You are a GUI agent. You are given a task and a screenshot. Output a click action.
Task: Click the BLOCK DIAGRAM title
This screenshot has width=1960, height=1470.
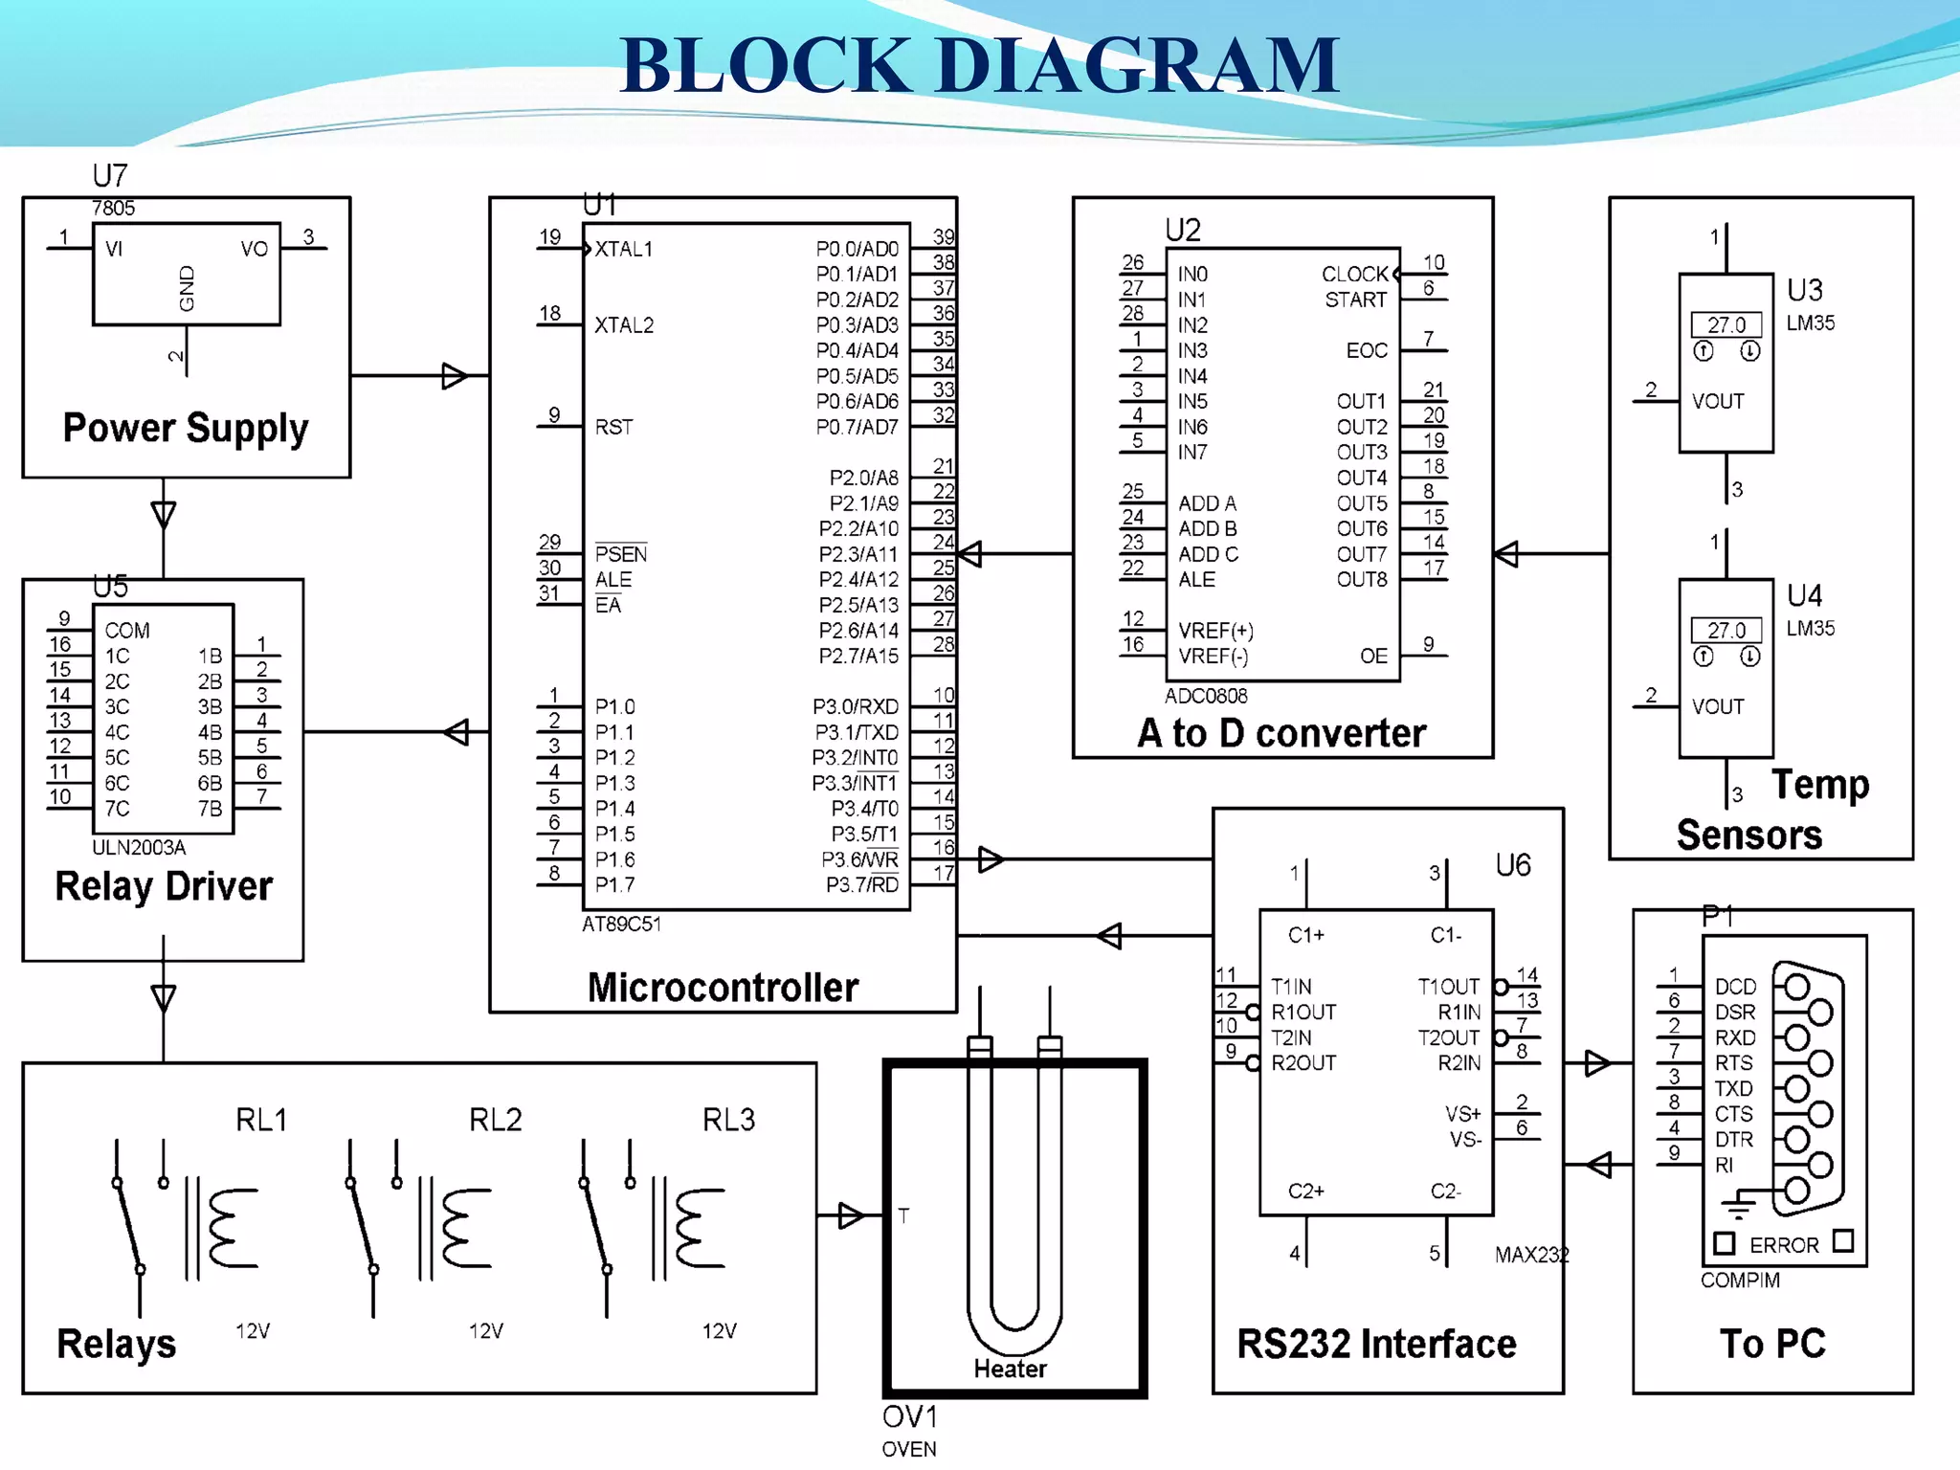[x=979, y=65]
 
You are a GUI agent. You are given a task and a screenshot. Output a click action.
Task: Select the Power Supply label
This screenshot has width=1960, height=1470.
[x=186, y=428]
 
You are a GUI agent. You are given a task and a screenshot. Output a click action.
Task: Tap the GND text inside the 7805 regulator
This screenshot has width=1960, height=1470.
[x=187, y=288]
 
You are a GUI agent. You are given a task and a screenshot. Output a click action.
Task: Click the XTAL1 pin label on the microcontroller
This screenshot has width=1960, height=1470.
[x=623, y=249]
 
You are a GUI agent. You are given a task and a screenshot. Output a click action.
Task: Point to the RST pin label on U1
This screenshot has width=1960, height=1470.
[x=613, y=427]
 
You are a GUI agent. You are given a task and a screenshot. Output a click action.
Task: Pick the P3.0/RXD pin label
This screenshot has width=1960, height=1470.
[x=855, y=706]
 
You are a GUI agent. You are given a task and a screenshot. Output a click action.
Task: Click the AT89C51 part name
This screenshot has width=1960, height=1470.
[x=621, y=924]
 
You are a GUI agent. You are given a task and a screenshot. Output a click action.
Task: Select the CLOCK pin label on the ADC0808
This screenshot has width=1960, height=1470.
[x=1353, y=274]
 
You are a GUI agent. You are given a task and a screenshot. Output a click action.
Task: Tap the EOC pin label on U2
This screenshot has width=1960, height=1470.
[x=1366, y=350]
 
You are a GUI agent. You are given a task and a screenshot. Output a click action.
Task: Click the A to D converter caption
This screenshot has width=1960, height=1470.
[x=1281, y=733]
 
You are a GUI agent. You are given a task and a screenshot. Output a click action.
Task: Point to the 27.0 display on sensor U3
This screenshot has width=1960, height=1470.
[x=1726, y=324]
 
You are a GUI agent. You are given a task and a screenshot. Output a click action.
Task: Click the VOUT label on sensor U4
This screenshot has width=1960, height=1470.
[x=1717, y=706]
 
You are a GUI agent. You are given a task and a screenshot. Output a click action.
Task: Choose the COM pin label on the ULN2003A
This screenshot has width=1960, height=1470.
[x=127, y=631]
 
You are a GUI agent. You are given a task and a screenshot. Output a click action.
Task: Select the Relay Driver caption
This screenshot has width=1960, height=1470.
[x=164, y=886]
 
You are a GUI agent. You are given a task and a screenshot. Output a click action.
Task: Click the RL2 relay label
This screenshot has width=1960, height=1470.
[x=495, y=1120]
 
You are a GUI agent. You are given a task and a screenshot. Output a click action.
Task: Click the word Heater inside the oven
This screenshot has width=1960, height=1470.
[x=1010, y=1369]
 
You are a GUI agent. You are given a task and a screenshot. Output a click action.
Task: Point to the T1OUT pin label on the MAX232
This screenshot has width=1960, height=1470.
[x=1448, y=987]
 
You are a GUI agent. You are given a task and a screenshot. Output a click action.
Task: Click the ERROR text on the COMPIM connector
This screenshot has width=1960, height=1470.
[x=1783, y=1245]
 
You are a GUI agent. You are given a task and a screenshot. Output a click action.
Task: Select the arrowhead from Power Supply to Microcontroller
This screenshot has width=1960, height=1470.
[x=455, y=376]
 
